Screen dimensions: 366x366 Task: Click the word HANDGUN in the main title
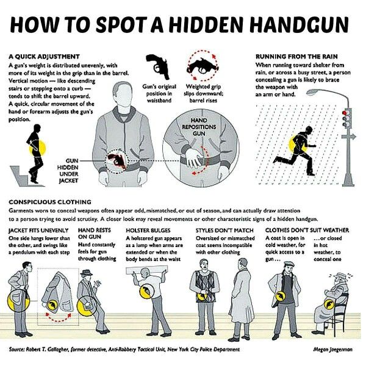tap(300, 24)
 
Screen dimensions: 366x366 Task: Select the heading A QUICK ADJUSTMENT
tap(44, 57)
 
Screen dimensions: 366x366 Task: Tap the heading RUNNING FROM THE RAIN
tap(296, 57)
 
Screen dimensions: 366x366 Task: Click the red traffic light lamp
tap(345, 113)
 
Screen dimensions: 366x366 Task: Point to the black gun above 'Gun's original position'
tap(157, 66)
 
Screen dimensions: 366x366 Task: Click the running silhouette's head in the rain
tap(309, 131)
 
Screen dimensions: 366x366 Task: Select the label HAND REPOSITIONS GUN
tap(199, 127)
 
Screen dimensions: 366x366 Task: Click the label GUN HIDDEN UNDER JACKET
tap(68, 171)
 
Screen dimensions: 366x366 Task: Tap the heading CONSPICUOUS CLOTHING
tap(50, 202)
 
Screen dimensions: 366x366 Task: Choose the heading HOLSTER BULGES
tap(148, 231)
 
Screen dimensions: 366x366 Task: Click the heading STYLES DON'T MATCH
tap(224, 231)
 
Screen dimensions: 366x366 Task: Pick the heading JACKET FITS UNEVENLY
tap(38, 231)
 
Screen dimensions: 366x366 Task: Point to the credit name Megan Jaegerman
tap(333, 349)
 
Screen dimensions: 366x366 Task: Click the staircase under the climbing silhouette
tap(26, 176)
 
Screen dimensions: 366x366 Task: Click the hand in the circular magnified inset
tap(194, 158)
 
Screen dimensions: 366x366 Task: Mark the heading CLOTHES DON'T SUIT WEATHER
tap(307, 231)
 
